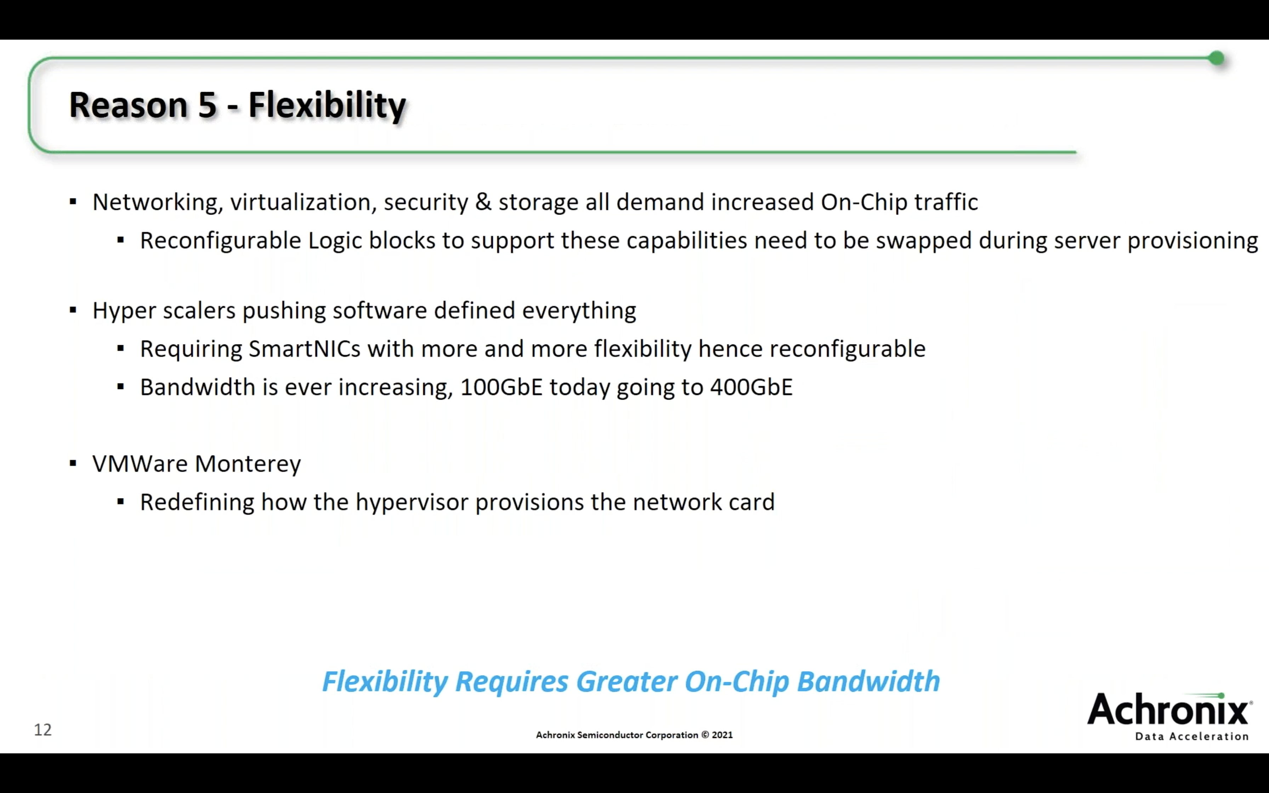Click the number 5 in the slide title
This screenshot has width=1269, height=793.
tap(207, 104)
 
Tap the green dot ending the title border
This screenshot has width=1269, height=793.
tap(1217, 58)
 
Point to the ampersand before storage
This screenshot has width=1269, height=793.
tap(483, 202)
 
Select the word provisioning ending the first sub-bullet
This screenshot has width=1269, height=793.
tap(1193, 241)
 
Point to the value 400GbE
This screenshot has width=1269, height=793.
tap(751, 387)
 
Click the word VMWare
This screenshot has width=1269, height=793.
tap(140, 464)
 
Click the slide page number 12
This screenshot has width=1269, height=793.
tap(43, 730)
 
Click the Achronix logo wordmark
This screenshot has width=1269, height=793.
tap(1170, 709)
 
